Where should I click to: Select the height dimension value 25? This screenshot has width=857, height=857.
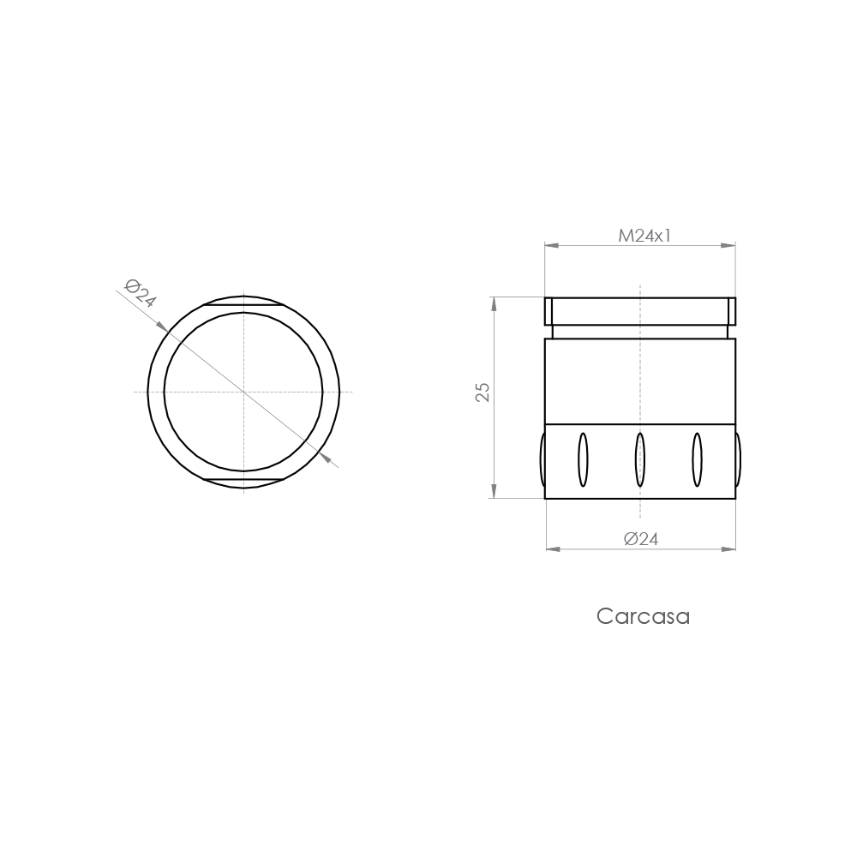pos(482,392)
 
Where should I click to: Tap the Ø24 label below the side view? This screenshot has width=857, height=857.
pos(641,539)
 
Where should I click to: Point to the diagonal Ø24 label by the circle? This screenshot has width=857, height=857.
pos(140,292)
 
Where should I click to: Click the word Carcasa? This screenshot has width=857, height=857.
pos(643,616)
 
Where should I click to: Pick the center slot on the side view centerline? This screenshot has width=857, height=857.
pos(640,460)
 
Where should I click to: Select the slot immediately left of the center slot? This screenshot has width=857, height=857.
pos(583,460)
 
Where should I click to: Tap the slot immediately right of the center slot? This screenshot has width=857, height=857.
pos(697,460)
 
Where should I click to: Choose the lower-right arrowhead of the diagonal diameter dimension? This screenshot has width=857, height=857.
pos(327,458)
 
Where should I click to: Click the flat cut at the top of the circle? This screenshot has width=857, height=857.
pos(244,304)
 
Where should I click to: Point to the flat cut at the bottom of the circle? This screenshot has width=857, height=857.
pos(244,479)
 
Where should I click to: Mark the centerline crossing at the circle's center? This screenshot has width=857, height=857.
pos(244,392)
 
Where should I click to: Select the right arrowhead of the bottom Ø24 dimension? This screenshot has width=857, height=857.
pos(729,549)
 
